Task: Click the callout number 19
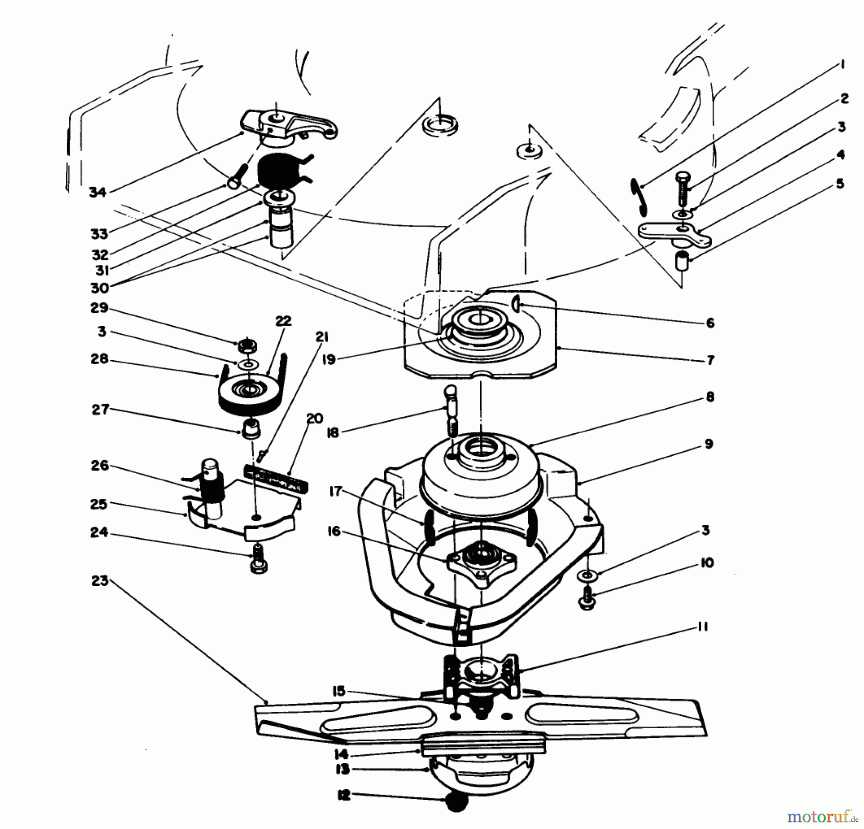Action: (329, 359)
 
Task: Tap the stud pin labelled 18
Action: (452, 410)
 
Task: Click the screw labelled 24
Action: (258, 559)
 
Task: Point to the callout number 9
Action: (709, 444)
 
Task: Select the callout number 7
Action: (710, 360)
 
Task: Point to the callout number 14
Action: (341, 754)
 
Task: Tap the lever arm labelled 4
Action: (674, 234)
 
